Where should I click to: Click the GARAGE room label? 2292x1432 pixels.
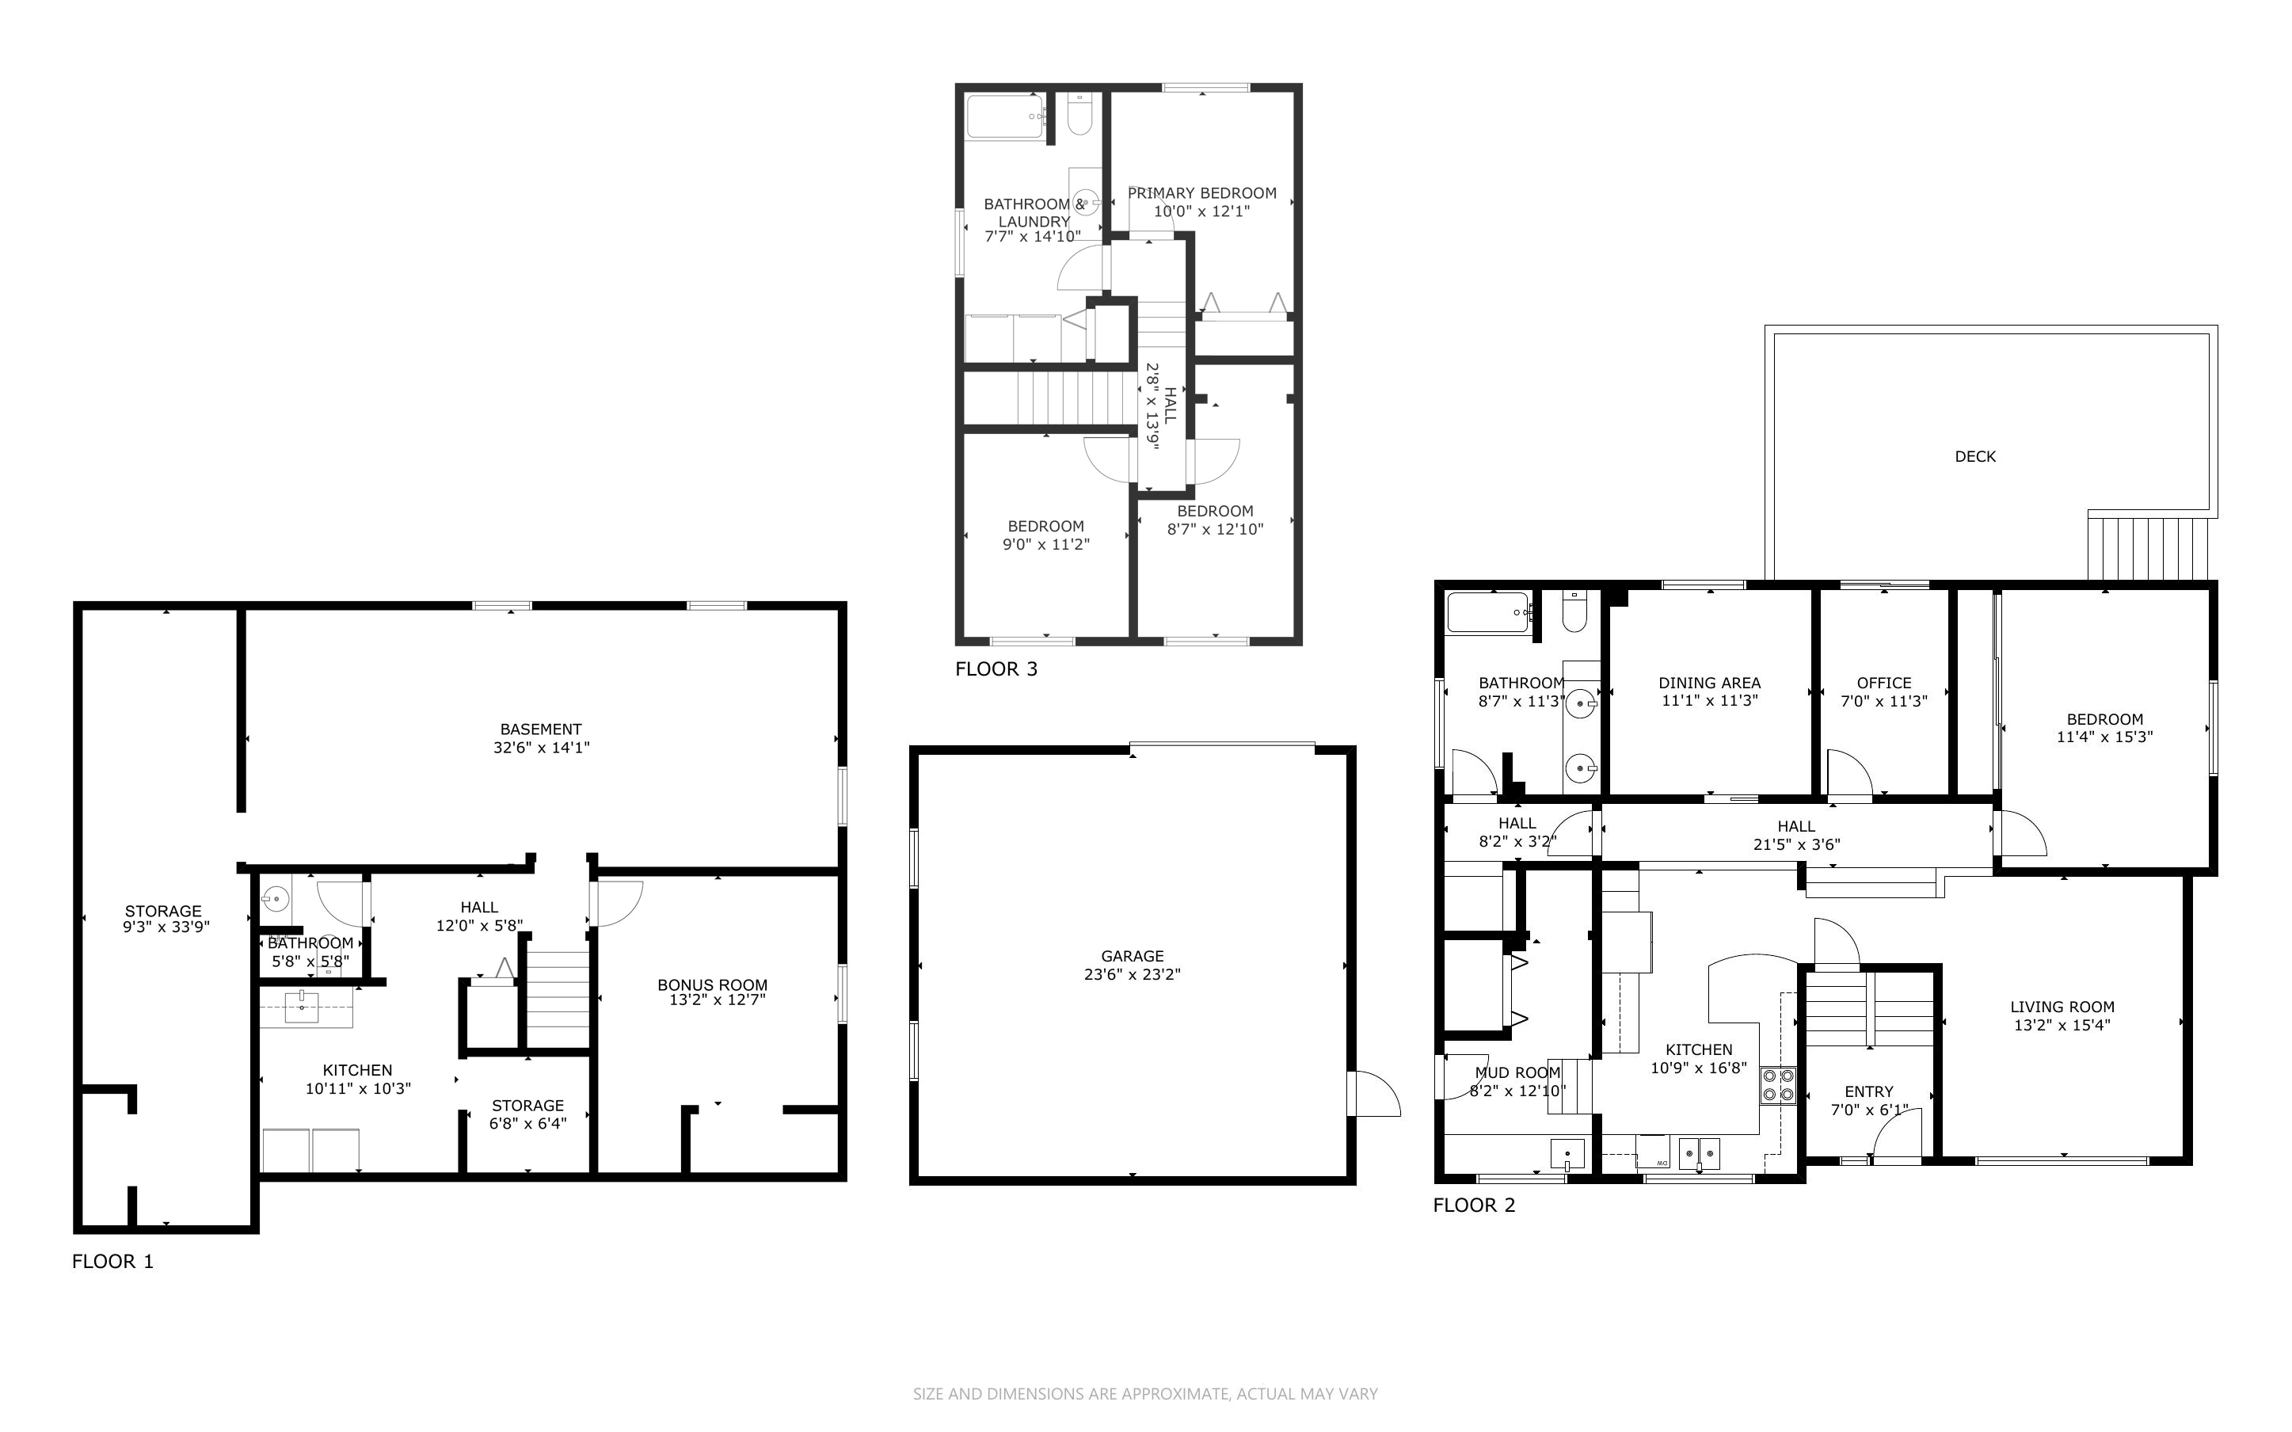point(1133,957)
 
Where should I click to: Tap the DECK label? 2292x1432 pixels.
point(1975,456)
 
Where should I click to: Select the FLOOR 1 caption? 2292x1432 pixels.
point(112,1262)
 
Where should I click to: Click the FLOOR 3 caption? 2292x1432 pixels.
point(996,669)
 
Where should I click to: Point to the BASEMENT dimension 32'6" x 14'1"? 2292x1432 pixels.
point(542,747)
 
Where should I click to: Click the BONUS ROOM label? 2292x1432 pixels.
point(712,985)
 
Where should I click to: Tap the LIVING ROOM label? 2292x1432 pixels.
point(2062,1007)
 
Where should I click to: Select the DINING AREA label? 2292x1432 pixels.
point(1710,683)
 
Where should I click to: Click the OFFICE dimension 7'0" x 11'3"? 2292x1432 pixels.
point(1884,701)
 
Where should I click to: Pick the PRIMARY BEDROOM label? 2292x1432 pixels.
point(1202,193)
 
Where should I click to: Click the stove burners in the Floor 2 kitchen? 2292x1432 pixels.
point(1778,1085)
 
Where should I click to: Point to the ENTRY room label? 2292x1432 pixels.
point(1869,1092)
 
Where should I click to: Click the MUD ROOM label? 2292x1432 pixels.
point(1517,1073)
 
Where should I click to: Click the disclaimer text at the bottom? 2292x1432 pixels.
point(1145,1394)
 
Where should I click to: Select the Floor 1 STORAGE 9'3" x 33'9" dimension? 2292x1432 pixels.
point(166,927)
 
